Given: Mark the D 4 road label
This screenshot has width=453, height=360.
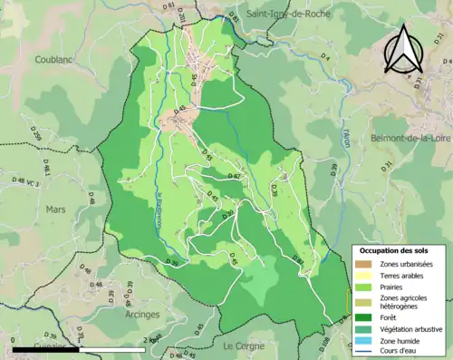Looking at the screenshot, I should [x=327, y=58].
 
